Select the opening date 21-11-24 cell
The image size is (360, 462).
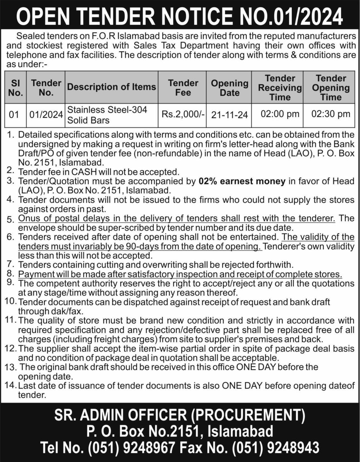pyautogui.click(x=229, y=115)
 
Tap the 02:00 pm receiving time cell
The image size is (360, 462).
pyautogui.click(x=280, y=114)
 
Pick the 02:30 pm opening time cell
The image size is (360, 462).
pyautogui.click(x=331, y=114)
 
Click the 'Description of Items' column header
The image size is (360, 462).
pyautogui.click(x=112, y=87)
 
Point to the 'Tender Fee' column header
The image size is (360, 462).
pyautogui.click(x=183, y=88)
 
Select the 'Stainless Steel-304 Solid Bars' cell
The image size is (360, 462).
pyautogui.click(x=107, y=115)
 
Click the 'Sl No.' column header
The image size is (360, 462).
pyautogui.click(x=15, y=88)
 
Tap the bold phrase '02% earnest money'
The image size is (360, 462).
pyautogui.click(x=242, y=181)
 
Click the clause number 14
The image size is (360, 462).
pyautogui.click(x=9, y=386)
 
